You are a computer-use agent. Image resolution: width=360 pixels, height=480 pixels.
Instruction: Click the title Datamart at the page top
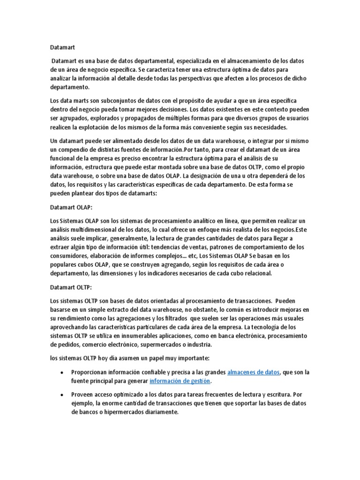coord(62,47)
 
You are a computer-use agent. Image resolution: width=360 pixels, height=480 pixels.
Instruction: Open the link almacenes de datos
coord(253,373)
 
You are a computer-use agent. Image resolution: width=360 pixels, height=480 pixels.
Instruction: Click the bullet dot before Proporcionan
coord(62,373)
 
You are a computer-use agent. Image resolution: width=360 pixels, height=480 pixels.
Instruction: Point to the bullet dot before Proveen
coord(62,395)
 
